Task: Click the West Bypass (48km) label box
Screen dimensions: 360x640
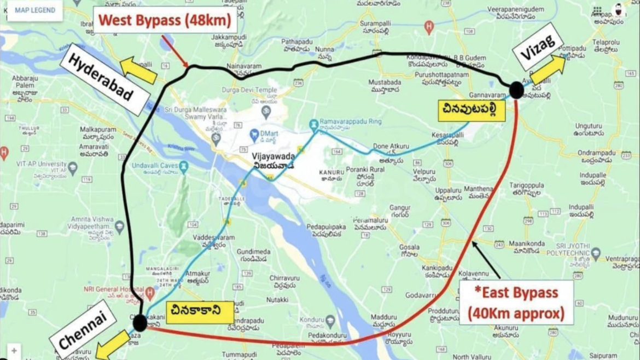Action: pyautogui.click(x=165, y=21)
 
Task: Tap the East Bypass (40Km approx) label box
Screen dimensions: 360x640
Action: pyautogui.click(x=516, y=303)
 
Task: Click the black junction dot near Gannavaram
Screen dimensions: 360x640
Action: pyautogui.click(x=516, y=90)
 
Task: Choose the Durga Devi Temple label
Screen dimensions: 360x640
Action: pyautogui.click(x=249, y=89)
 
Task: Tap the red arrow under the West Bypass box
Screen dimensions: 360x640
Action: pyautogui.click(x=176, y=53)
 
